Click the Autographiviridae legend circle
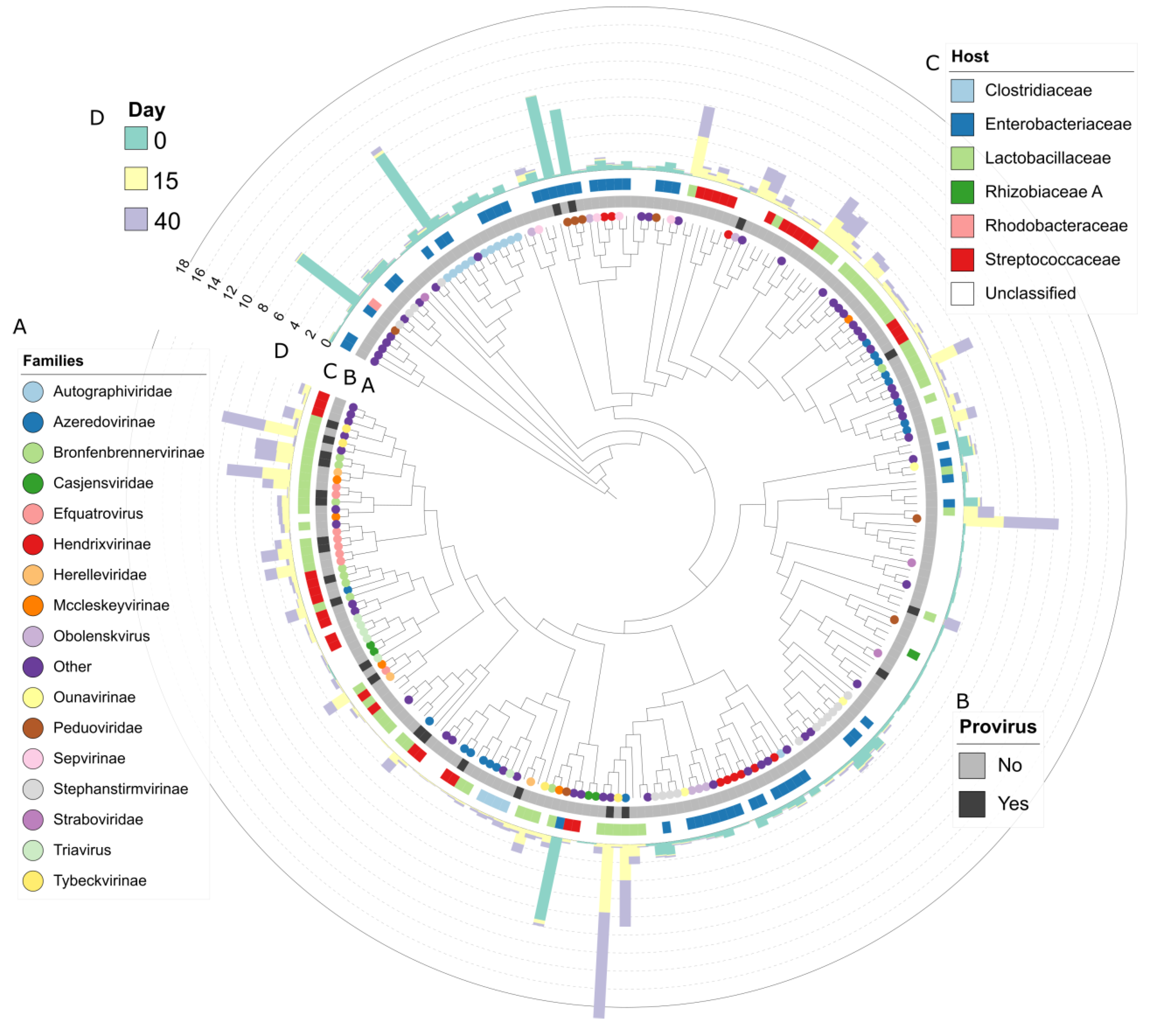pos(33,391)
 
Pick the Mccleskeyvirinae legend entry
pos(111,605)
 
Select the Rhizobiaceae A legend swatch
pos(962,192)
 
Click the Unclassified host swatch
pos(962,293)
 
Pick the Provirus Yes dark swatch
pos(972,804)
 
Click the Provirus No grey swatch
pos(972,765)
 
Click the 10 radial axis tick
pos(245,301)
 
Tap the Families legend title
pos(53,361)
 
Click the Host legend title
pos(969,56)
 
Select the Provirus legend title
pos(998,726)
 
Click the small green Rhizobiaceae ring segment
pos(913,654)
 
